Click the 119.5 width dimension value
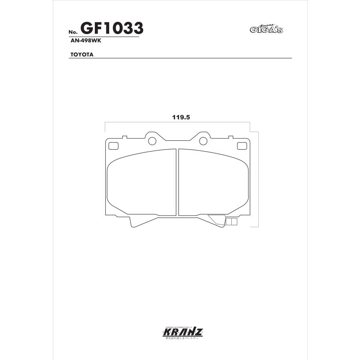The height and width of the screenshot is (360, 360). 180,117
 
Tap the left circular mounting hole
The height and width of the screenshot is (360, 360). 152,141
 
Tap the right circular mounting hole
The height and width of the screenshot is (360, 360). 203,141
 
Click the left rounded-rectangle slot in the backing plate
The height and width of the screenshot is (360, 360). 114,146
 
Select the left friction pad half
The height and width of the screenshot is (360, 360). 142,182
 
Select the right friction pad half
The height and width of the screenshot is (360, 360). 212,182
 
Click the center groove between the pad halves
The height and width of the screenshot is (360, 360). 177,182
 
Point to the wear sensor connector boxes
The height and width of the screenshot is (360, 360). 232,222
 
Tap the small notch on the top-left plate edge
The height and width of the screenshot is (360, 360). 124,137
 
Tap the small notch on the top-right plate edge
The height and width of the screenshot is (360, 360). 230,137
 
